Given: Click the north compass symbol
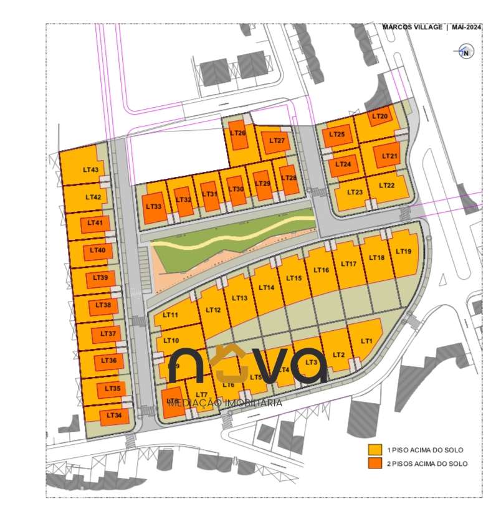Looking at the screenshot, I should [x=465, y=52].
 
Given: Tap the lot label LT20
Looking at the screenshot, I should [x=379, y=117].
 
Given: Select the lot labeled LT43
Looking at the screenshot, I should [x=90, y=169].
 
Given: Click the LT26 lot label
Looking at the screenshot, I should [x=237, y=133].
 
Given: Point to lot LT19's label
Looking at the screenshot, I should [x=403, y=252].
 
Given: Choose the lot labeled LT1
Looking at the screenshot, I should [x=366, y=341].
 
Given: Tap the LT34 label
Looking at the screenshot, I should [x=113, y=414].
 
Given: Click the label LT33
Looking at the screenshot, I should [x=153, y=206].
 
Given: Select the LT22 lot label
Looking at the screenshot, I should [x=386, y=185].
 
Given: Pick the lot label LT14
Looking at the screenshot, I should [x=266, y=287].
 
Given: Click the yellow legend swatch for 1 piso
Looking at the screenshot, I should [x=374, y=449].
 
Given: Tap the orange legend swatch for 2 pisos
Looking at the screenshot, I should [x=374, y=464].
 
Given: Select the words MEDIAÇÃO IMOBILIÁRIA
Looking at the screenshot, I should [x=225, y=403].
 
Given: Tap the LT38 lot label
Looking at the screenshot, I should [x=103, y=305].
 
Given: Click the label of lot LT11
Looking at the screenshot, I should [x=170, y=316].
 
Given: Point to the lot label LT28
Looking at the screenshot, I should [x=289, y=178].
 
